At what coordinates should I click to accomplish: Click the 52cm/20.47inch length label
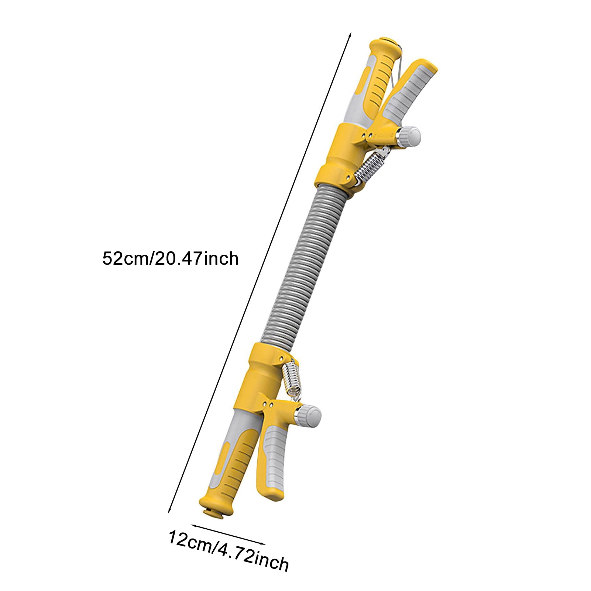tap(170, 259)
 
